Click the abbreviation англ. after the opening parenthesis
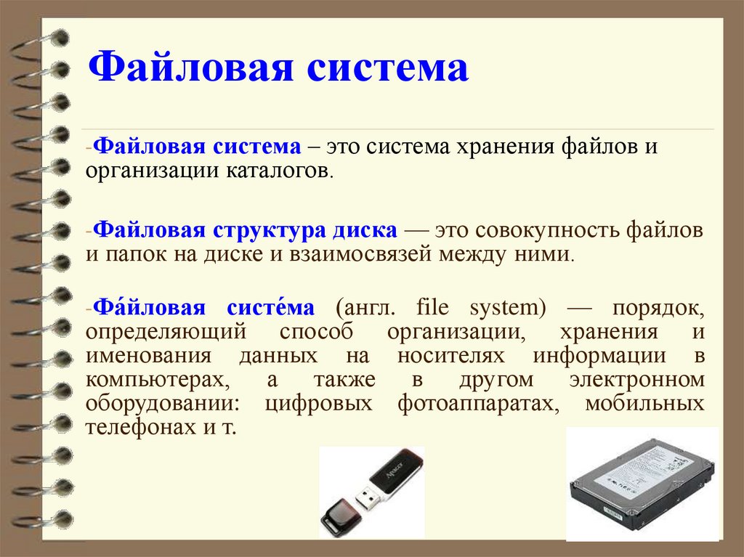(x=365, y=309)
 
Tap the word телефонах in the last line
(x=136, y=427)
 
